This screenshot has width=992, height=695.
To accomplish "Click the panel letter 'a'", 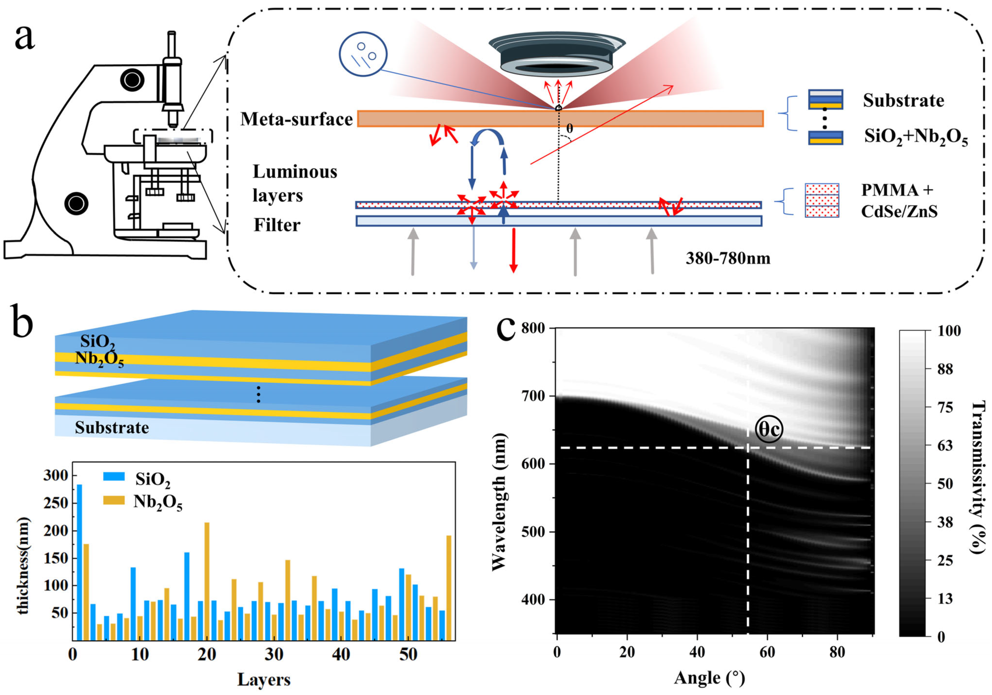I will point(24,37).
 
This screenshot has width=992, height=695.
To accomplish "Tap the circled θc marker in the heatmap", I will point(769,429).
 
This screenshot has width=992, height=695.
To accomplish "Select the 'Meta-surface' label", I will point(296,119).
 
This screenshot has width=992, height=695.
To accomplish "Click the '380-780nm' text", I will point(728,259).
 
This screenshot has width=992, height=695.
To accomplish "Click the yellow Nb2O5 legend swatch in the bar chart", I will point(114,500).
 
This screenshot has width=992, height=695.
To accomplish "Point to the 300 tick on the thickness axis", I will point(56,476).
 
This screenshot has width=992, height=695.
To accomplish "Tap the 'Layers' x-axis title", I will point(263,679).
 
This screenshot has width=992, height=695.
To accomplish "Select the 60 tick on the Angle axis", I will point(767,653).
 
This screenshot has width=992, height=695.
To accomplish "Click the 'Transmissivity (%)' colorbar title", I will point(979,477).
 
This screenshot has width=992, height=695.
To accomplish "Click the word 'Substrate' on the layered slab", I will point(112,428).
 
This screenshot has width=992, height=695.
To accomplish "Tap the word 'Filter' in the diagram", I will point(277,225).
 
